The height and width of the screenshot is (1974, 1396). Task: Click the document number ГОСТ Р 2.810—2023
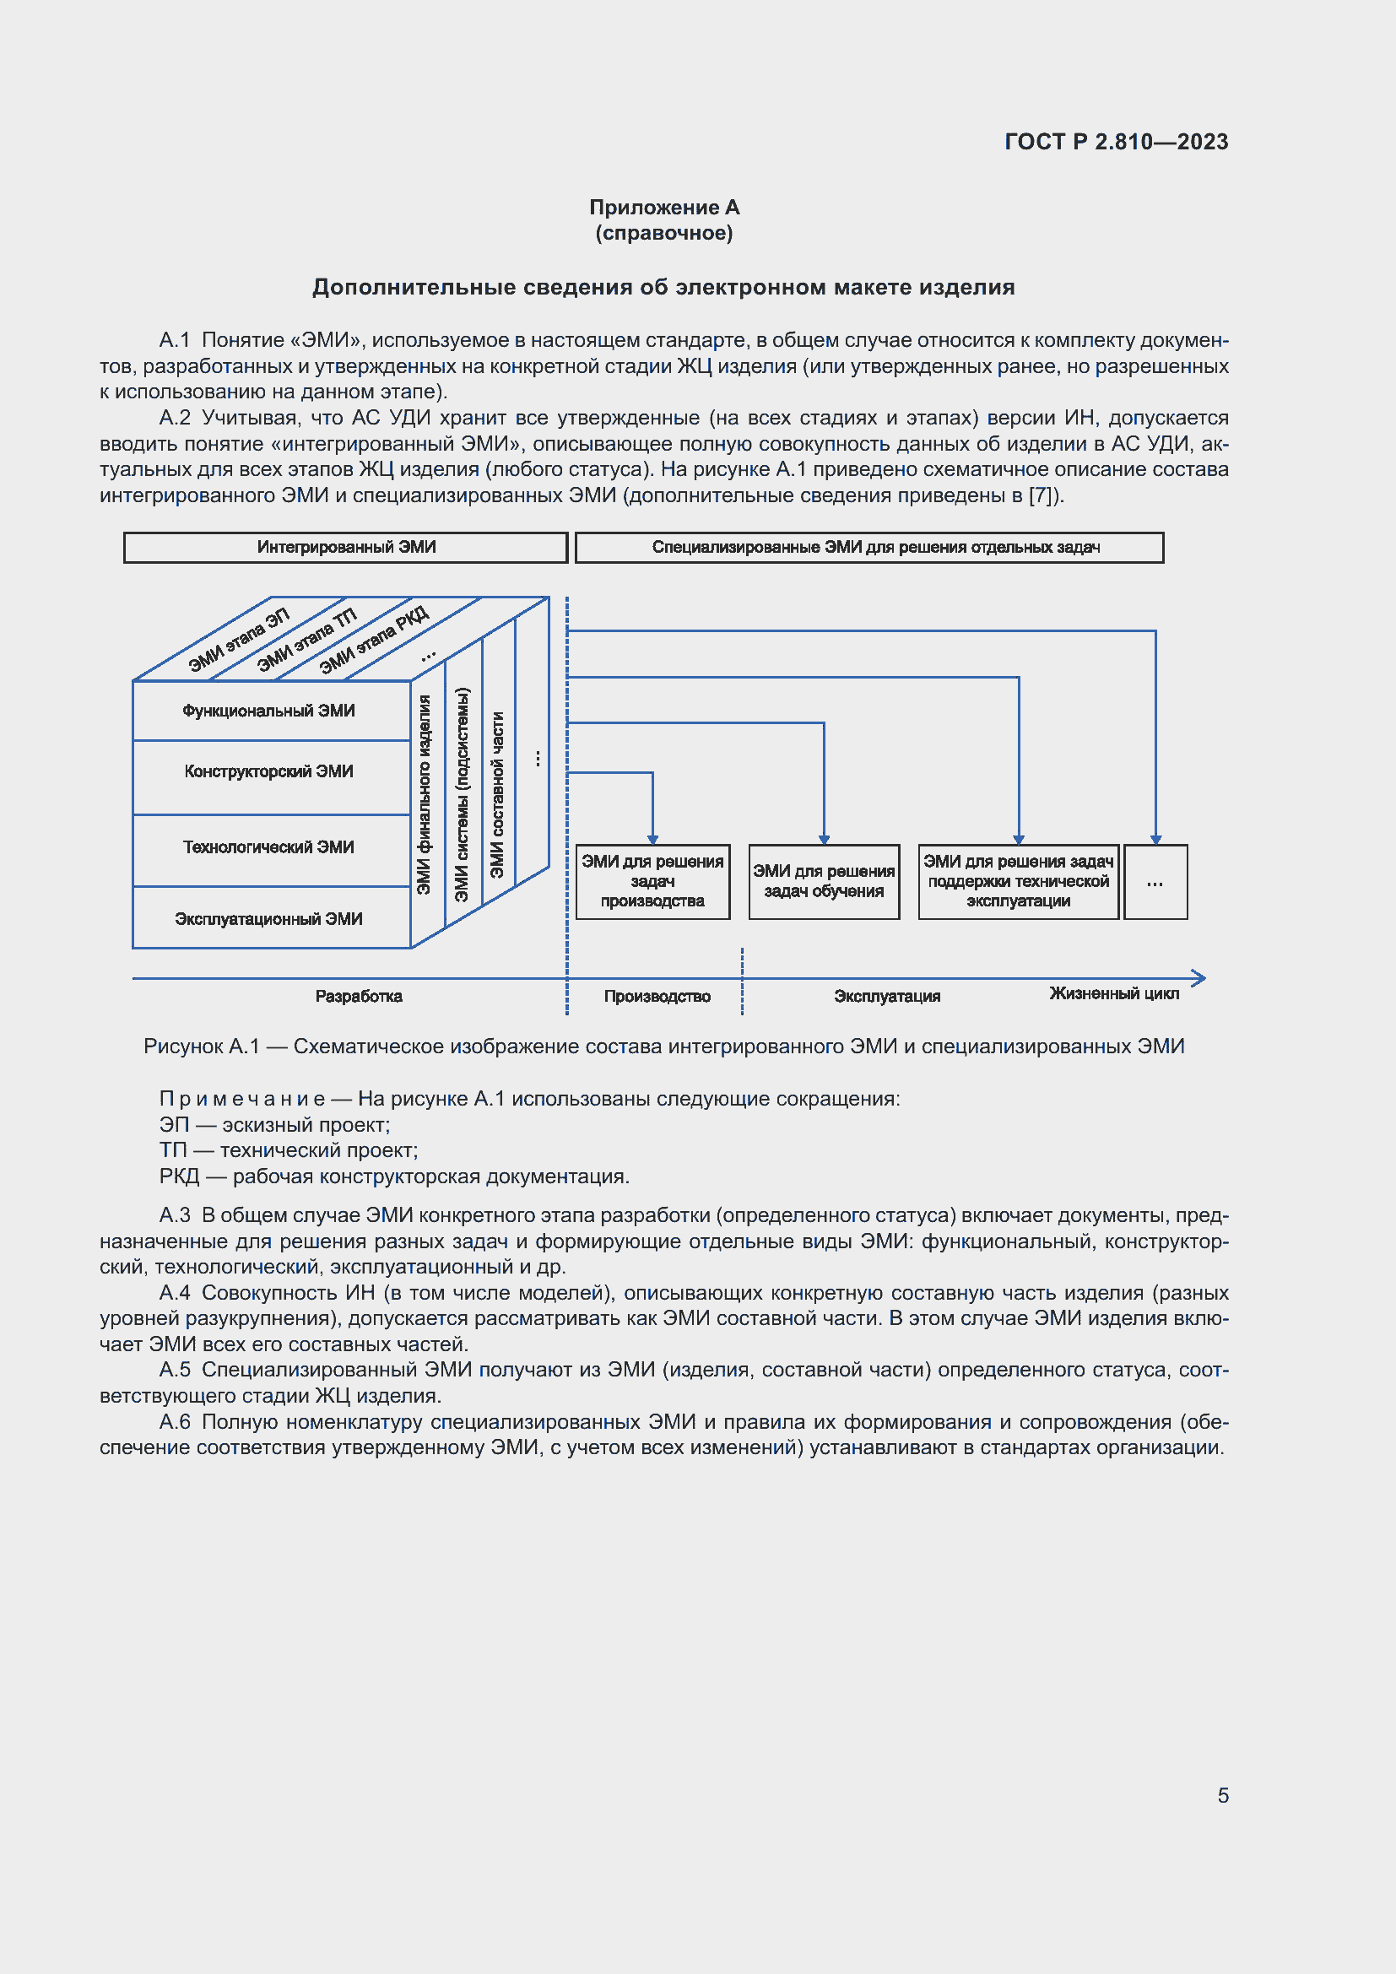(x=1116, y=142)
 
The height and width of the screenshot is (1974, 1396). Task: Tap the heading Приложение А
(x=664, y=208)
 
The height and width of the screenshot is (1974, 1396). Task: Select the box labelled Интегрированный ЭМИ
(x=345, y=548)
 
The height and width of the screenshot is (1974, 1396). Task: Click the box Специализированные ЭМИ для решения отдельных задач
(x=869, y=548)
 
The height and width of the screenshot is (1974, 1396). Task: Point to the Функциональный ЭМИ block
(x=272, y=710)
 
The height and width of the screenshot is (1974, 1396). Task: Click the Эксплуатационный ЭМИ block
(x=272, y=917)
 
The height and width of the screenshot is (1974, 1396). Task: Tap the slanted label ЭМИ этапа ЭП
(x=239, y=641)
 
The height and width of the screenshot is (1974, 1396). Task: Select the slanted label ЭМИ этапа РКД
(x=374, y=640)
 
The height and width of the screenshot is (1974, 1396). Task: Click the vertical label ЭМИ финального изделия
(x=424, y=794)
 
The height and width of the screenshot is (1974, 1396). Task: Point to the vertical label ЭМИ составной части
(x=497, y=794)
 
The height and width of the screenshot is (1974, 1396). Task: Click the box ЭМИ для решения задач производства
(x=652, y=882)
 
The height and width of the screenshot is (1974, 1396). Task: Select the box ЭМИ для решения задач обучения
(x=825, y=882)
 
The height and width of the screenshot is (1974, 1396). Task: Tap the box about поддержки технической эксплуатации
(x=1019, y=882)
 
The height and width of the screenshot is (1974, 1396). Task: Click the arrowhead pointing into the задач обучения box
(x=825, y=840)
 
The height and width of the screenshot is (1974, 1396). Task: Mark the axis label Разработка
(x=359, y=997)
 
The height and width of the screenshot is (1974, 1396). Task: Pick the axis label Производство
(x=657, y=997)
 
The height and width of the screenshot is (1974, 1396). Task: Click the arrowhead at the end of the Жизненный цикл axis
(x=1200, y=978)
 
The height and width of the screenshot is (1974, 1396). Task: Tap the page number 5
(x=1222, y=1795)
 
